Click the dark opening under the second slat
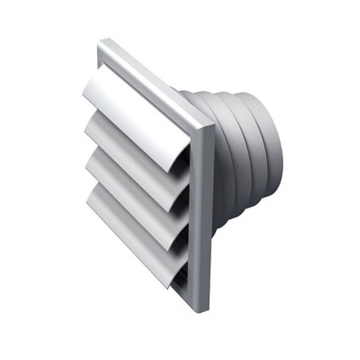click(182, 202)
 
